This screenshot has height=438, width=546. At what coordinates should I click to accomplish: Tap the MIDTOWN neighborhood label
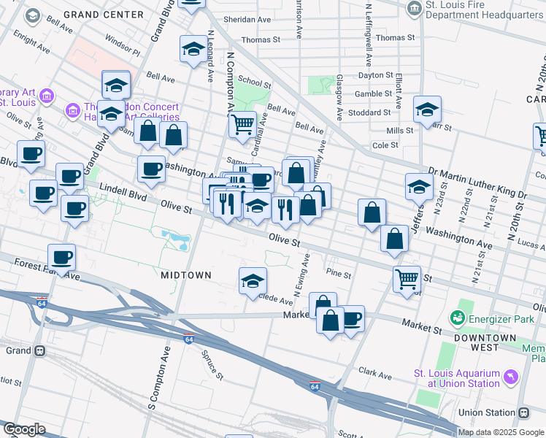coord(185,275)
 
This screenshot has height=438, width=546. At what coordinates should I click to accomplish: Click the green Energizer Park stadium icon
coord(457,318)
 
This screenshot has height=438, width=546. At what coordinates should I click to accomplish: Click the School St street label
coord(254,82)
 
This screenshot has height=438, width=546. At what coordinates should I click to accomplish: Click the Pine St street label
coord(339,275)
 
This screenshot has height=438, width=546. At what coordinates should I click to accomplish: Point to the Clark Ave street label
coord(376,375)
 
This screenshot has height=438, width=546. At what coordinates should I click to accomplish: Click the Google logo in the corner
coord(23,429)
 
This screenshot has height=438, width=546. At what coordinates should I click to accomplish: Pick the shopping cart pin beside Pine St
coord(407,277)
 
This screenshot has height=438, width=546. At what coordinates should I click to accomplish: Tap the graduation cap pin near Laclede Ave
coord(253,280)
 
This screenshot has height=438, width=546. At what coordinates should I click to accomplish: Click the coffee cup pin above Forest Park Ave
coord(61,256)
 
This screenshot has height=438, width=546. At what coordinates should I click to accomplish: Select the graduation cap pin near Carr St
coord(427,109)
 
